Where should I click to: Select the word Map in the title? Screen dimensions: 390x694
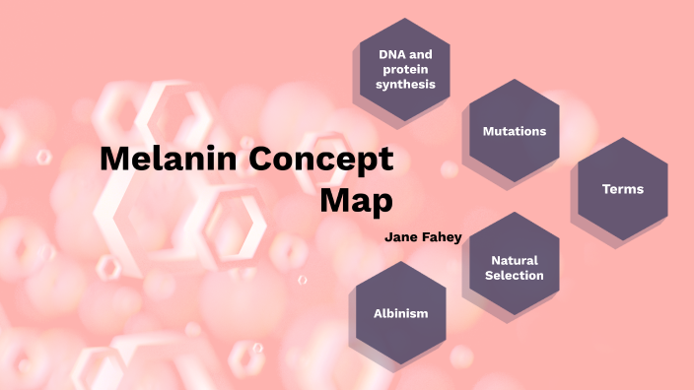357,200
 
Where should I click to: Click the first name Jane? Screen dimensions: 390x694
404,236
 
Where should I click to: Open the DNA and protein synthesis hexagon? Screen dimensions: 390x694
400,70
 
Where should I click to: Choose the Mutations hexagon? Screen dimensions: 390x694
514,131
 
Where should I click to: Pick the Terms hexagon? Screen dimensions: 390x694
622,189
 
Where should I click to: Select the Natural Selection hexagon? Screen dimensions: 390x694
514,268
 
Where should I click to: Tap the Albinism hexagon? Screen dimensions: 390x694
400,313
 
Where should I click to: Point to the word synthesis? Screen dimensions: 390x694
405,85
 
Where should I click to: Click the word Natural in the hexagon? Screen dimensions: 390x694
515,261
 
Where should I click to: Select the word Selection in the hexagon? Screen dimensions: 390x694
515,276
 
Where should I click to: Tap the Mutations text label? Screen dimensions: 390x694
514,131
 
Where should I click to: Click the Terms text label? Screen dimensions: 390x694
622,189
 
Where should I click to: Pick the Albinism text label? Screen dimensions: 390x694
400,313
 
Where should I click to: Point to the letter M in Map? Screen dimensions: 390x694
336,200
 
